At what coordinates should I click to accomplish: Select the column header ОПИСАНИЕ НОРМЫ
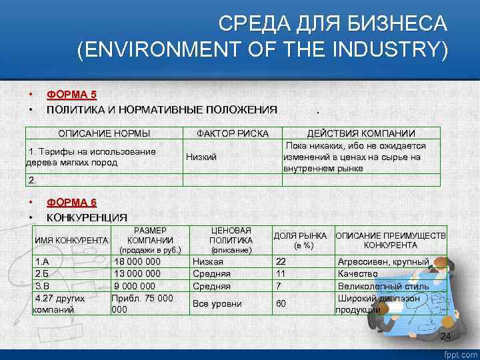point(103,133)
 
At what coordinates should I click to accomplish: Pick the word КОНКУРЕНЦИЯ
point(87,217)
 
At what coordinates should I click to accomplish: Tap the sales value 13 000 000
point(138,274)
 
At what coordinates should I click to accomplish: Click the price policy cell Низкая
point(208,262)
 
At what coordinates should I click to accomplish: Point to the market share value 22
point(281,262)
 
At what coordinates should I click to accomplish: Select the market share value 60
point(281,304)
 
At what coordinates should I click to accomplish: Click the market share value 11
point(281,274)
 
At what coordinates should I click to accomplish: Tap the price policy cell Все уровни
point(217,304)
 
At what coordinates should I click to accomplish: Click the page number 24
point(446,336)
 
